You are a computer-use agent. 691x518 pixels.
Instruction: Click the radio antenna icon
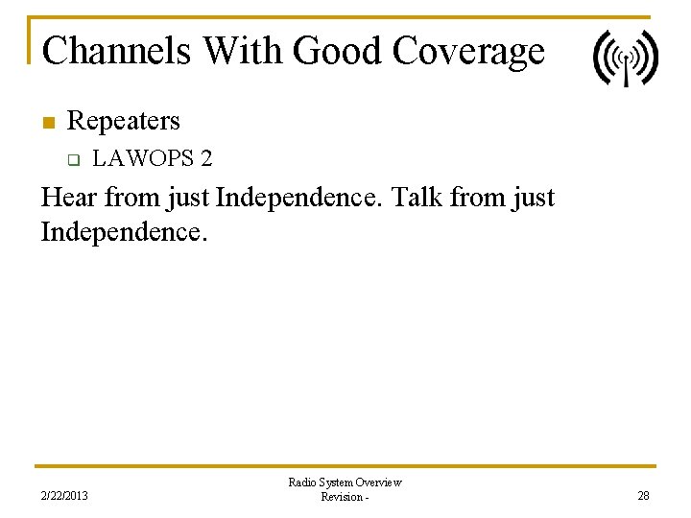pyautogui.click(x=625, y=58)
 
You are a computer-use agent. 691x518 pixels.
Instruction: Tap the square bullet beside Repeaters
pyautogui.click(x=45, y=122)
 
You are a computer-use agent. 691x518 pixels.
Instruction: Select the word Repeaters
pyautogui.click(x=123, y=122)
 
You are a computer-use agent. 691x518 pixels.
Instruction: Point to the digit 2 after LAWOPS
pyautogui.click(x=205, y=157)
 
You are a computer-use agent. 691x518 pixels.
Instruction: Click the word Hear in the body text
pyautogui.click(x=69, y=198)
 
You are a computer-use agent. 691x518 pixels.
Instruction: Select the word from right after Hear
pyautogui.click(x=131, y=198)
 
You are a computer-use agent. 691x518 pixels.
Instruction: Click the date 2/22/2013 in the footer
pyautogui.click(x=64, y=496)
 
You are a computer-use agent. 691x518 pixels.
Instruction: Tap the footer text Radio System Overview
pyautogui.click(x=345, y=483)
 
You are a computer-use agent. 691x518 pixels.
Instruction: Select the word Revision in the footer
pyautogui.click(x=341, y=497)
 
